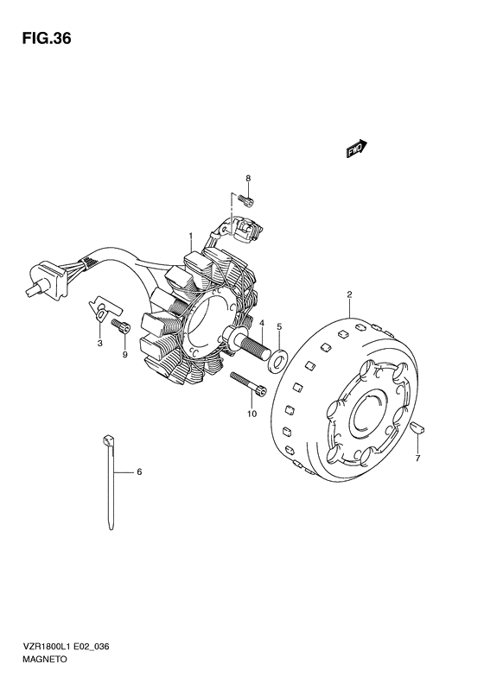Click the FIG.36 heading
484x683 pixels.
click(x=47, y=39)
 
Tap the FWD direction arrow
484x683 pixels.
click(x=357, y=149)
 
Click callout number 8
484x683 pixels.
click(x=248, y=178)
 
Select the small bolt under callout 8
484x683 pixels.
click(x=246, y=200)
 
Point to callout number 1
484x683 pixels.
click(x=190, y=236)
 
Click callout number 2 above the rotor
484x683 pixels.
click(x=349, y=295)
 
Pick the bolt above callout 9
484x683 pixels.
click(x=121, y=326)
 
